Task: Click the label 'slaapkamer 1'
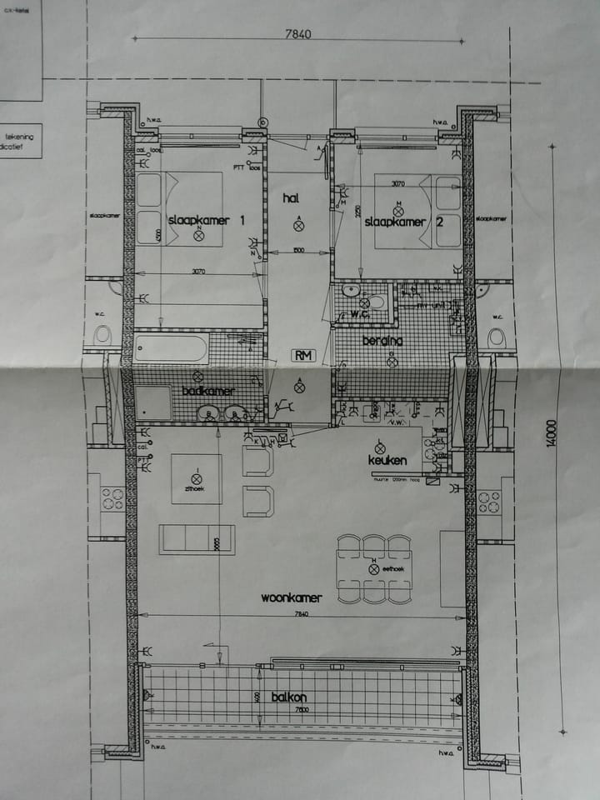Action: point(207,221)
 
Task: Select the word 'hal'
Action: point(291,197)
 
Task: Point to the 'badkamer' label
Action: point(208,391)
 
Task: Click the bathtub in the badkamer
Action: point(171,347)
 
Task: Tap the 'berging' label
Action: point(382,341)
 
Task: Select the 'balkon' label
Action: point(289,697)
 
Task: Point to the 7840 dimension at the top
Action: point(297,34)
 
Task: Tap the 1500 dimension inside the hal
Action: point(298,250)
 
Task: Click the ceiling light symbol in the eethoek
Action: point(374,568)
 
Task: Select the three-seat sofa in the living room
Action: point(197,540)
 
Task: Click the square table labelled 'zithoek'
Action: point(197,478)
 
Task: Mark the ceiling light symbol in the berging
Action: point(391,361)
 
